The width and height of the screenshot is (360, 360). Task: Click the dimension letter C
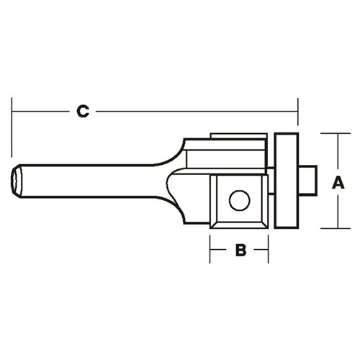tap(83, 112)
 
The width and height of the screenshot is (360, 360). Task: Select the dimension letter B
tap(241, 251)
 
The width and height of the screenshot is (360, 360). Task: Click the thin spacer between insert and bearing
tap(271, 194)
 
